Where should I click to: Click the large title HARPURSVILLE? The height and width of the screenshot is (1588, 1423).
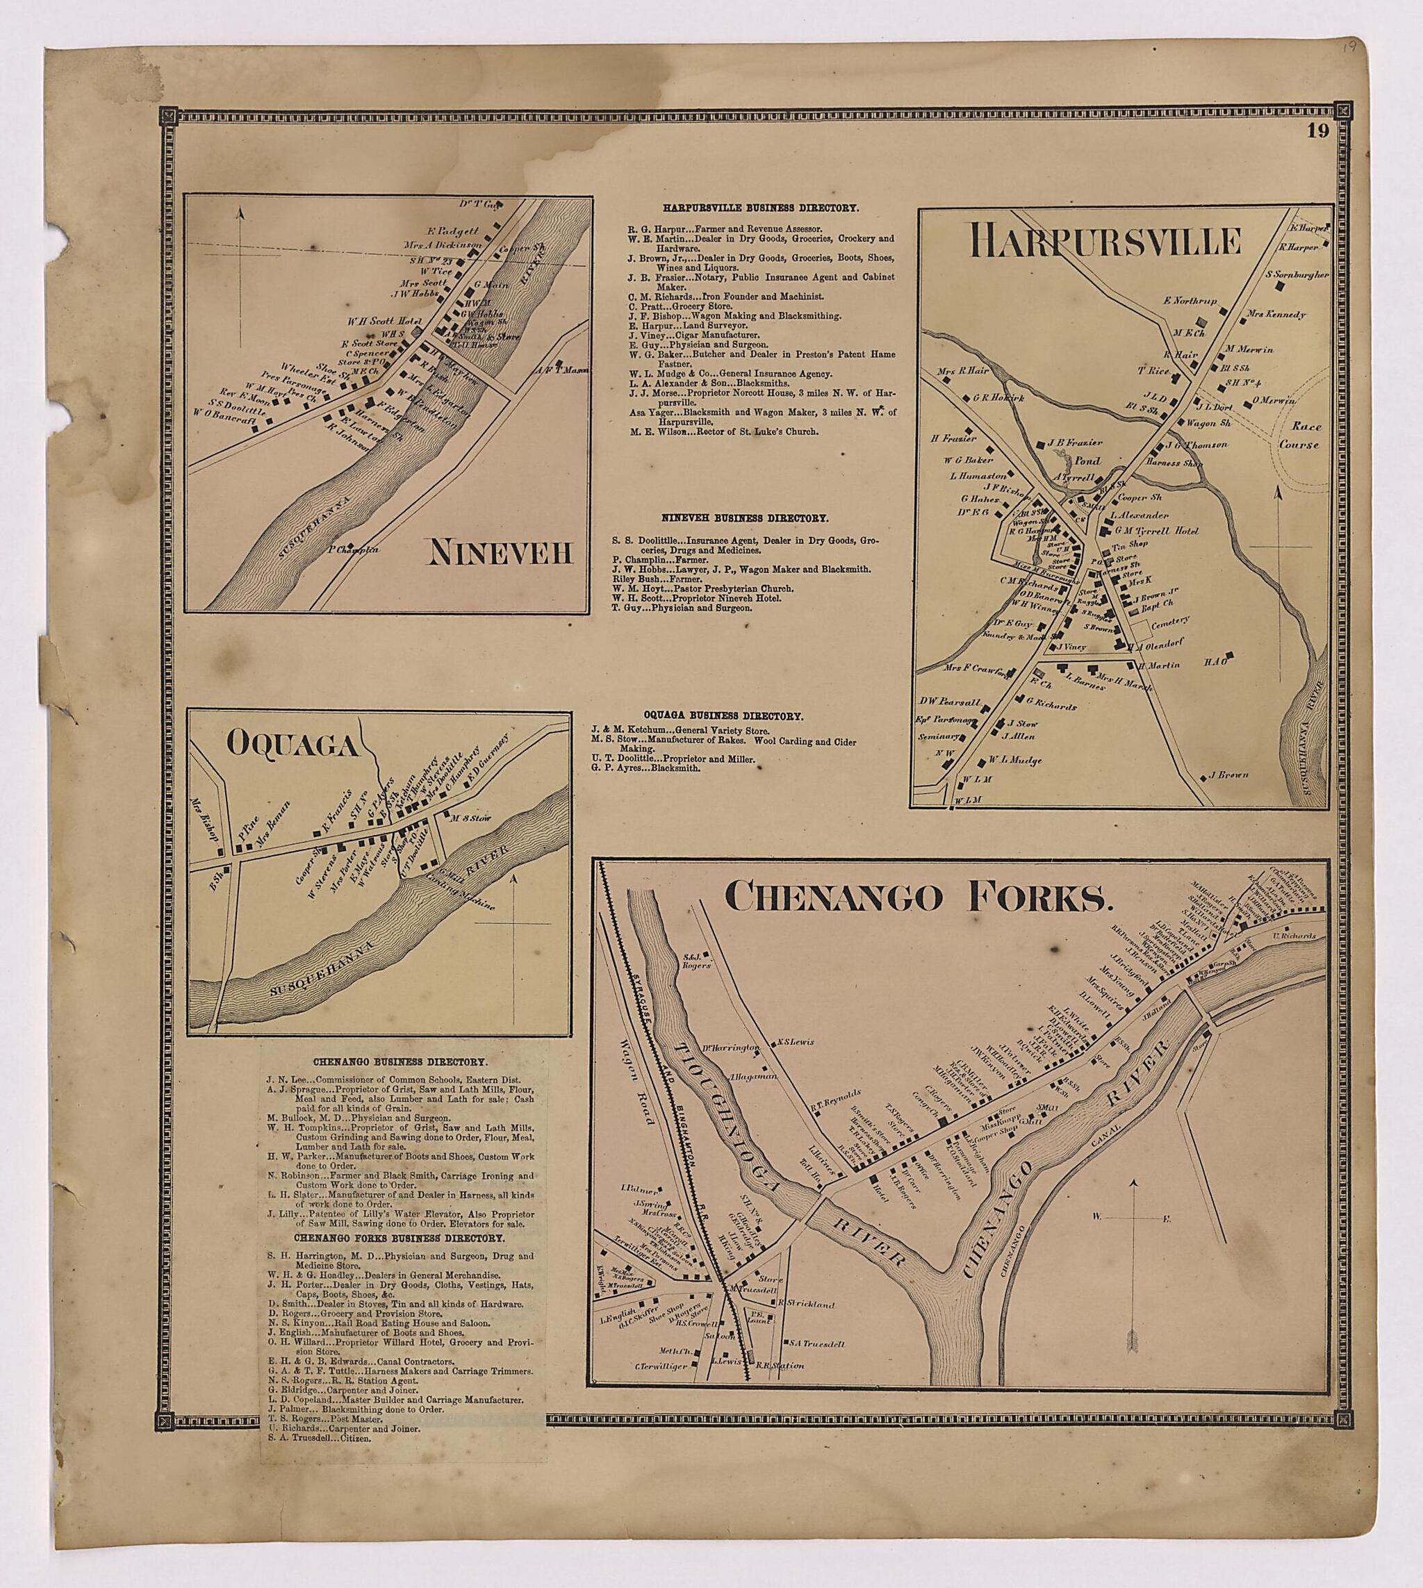1105,242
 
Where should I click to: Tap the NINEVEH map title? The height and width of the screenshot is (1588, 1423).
500,554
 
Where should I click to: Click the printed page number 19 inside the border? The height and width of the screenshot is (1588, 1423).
1317,131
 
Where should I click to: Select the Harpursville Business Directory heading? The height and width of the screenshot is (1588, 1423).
761,208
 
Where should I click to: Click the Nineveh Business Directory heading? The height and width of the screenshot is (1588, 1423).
745,518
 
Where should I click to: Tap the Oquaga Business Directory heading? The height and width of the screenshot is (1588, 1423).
723,715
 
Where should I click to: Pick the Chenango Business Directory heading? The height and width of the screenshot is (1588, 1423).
400,1063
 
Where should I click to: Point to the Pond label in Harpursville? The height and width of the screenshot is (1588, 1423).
1087,461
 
